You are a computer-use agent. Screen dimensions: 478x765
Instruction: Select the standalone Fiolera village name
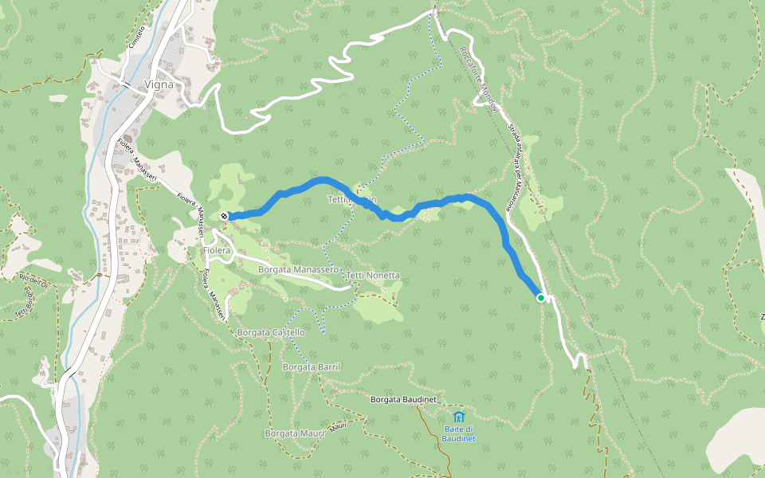[x=216, y=250]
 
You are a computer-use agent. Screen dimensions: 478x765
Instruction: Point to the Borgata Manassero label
[x=299, y=270]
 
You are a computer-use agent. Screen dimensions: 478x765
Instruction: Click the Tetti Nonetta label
[x=373, y=276]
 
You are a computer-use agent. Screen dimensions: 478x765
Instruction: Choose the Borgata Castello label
[x=271, y=332]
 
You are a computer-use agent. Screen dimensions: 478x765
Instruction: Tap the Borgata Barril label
[x=312, y=366]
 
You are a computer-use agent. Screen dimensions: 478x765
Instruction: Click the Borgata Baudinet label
[x=403, y=398]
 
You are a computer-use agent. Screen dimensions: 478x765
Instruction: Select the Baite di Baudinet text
[x=459, y=434]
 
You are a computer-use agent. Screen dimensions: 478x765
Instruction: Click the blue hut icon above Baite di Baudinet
[x=458, y=417]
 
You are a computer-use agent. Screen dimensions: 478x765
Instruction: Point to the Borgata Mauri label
[x=294, y=433]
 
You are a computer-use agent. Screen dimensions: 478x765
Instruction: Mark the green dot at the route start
[x=541, y=298]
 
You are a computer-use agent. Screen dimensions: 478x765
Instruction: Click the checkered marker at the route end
[x=225, y=216]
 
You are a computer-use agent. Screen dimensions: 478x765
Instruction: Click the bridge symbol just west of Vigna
[x=127, y=82]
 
